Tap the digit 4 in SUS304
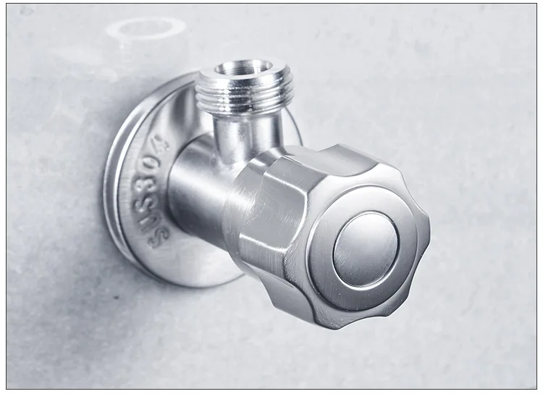[159, 142]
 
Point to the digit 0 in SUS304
[159, 161]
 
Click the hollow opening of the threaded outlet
[240, 70]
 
